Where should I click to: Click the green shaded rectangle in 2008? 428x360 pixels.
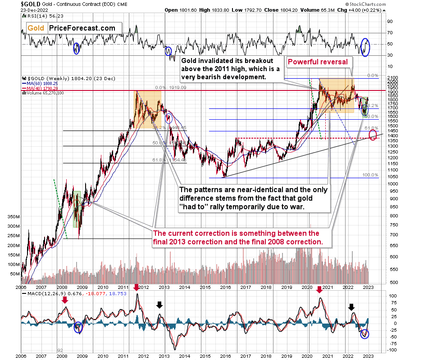click(77, 209)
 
